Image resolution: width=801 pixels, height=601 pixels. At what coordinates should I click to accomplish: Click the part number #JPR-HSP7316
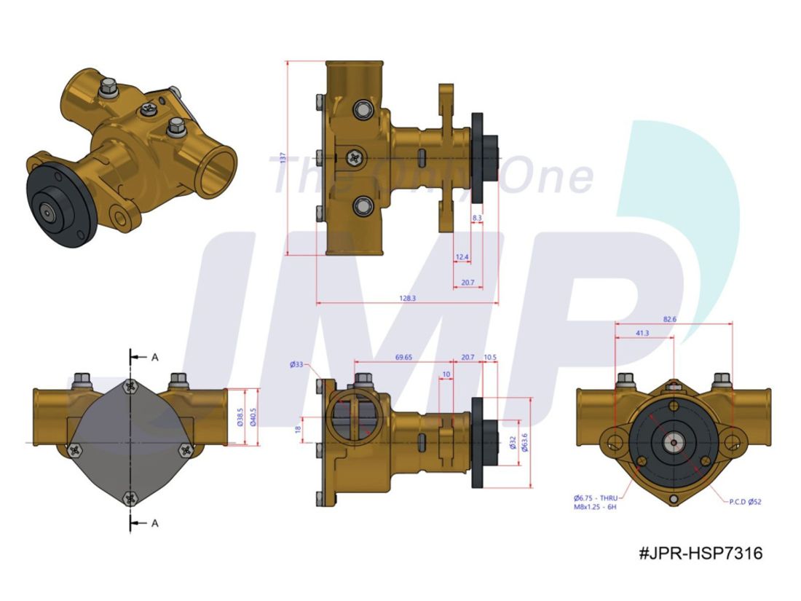point(700,554)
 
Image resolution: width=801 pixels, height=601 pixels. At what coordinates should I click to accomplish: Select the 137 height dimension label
point(282,160)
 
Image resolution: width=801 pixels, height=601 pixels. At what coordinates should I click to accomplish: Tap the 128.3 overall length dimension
point(407,298)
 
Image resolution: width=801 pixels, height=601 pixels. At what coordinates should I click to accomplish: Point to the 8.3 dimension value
point(477,218)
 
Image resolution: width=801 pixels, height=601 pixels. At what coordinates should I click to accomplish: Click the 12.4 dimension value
point(462,257)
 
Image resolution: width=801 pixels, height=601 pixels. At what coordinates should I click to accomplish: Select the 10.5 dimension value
point(489,358)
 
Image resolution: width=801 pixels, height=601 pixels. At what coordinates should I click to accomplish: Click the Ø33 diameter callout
point(296,364)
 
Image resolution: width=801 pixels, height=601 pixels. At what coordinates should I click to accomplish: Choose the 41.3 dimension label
point(642,332)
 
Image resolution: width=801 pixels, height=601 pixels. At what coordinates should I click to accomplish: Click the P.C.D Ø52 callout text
point(745,501)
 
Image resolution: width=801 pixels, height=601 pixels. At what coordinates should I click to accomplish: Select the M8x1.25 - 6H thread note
point(595,506)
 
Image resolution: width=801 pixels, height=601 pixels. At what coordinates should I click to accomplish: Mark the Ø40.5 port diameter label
point(253,416)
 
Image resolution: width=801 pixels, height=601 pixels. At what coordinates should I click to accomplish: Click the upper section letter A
point(154,357)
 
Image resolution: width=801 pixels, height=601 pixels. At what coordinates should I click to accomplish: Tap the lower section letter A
point(154,522)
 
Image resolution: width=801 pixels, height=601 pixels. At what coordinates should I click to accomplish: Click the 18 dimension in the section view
point(297,431)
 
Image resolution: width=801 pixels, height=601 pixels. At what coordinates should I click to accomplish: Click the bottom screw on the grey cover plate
point(130,498)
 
